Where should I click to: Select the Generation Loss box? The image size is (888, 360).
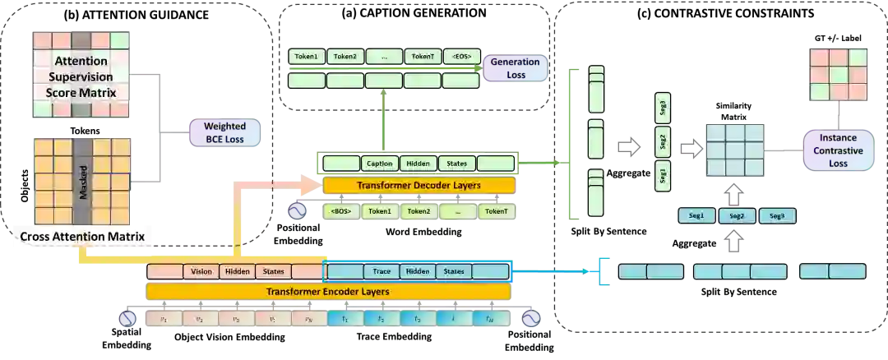[x=515, y=67]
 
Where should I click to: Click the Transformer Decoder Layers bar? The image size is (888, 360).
[x=419, y=185]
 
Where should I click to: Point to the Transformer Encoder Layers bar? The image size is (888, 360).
[x=328, y=291]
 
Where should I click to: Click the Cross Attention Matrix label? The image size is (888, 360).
[x=82, y=237]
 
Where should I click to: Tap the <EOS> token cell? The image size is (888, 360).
[x=461, y=57]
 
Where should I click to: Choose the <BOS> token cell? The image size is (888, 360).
[x=341, y=211]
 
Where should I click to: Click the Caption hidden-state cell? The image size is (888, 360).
[x=379, y=164]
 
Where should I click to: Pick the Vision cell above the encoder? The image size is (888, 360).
[x=201, y=271]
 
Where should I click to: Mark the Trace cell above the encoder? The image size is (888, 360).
[x=382, y=271]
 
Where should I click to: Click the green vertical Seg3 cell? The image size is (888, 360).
[x=663, y=107]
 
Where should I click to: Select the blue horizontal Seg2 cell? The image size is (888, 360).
[x=736, y=216]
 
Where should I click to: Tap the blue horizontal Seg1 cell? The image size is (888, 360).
[x=696, y=216]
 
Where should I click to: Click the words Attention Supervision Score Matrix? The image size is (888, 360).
[x=81, y=76]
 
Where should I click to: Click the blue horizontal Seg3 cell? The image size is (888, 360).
[x=776, y=216]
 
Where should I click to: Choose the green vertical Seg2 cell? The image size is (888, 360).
[x=663, y=141]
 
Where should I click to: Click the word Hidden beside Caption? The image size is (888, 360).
[x=418, y=164]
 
